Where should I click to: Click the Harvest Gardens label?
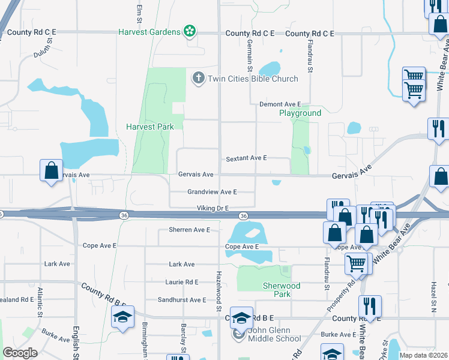pos(149,31)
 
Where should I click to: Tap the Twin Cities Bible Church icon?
pos(199,78)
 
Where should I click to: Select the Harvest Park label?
pos(149,127)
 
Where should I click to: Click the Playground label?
pos(300,113)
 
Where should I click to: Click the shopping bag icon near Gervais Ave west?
pos(52,170)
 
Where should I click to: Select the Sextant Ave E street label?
pos(246,158)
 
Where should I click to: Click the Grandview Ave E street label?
pos(212,192)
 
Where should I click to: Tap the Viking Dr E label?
pos(212,208)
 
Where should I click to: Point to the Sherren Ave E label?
pos(189,230)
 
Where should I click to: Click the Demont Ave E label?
pos(279,104)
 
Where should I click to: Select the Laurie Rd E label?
pos(182,281)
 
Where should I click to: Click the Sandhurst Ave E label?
pos(182,299)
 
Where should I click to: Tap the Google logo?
pos(20,353)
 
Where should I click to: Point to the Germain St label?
pos(249,54)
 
